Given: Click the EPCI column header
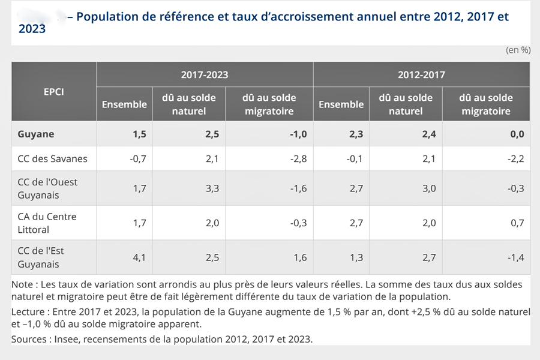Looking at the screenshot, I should tap(53, 92).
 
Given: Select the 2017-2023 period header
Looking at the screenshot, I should tap(205, 75).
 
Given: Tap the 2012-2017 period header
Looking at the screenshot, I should tap(421, 75).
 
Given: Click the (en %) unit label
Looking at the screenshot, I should tap(518, 50).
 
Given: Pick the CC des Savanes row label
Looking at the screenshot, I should tap(53, 159).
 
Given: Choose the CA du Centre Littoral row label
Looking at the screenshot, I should tap(47, 223).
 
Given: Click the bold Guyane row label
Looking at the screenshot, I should tap(36, 134).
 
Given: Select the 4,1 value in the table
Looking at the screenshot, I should tap(139, 258).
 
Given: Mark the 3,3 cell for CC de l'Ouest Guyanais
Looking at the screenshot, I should tap(211, 188).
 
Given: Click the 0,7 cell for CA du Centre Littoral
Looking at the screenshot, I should tap(518, 223).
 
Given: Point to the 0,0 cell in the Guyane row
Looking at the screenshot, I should tap(517, 134).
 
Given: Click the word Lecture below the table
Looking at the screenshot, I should tap(28, 312).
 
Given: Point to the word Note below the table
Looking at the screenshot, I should tap(22, 284).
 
